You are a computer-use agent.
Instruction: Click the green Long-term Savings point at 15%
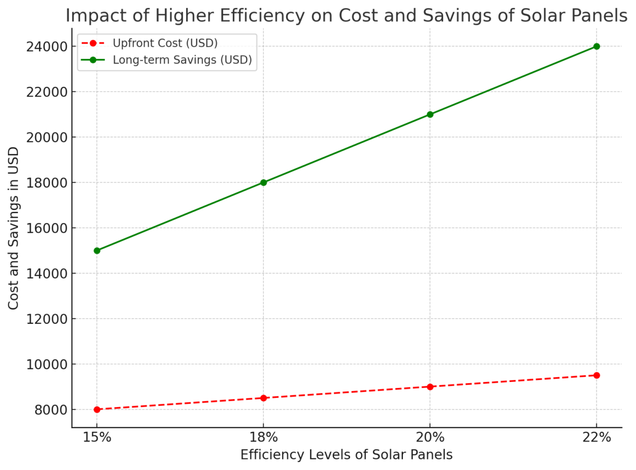[x=96, y=251]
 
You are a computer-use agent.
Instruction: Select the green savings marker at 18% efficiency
[x=263, y=182]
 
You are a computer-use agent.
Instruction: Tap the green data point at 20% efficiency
[x=430, y=114]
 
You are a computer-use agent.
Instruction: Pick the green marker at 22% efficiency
[x=596, y=46]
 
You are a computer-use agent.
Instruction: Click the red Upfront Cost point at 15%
[x=96, y=410]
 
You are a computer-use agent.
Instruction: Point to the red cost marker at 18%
[x=263, y=398]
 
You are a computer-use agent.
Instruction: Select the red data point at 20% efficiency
[x=430, y=387]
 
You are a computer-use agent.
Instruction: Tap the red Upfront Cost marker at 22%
[x=596, y=375]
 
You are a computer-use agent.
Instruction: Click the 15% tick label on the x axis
[x=96, y=438]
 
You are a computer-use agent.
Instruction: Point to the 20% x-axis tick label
[x=430, y=438]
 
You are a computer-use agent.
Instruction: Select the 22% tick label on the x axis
[x=596, y=438]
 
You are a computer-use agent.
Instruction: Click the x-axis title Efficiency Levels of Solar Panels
[x=346, y=455]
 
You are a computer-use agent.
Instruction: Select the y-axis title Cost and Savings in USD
[x=14, y=228]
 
